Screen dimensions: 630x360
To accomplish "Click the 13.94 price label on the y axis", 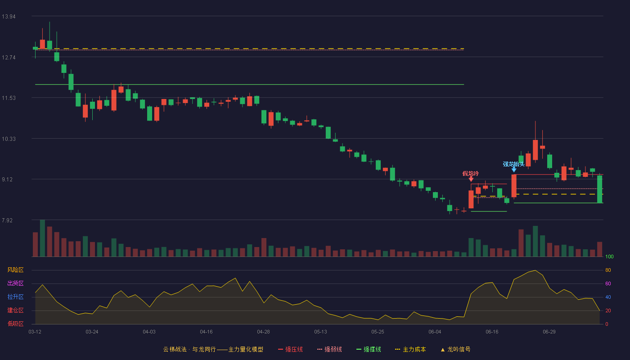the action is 9,17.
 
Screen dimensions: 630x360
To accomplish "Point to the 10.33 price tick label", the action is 9,139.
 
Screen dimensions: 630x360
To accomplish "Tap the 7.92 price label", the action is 7,220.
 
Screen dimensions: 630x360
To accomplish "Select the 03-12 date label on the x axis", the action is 35,332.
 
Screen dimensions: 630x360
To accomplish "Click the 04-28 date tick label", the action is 263,332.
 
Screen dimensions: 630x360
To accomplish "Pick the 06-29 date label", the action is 549,332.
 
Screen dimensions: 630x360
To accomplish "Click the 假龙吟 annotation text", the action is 471,174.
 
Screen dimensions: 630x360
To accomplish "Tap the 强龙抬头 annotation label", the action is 513,164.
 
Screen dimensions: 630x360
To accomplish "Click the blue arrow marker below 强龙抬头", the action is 514,170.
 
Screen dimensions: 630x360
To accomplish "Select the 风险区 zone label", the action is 15,270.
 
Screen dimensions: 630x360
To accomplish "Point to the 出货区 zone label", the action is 15,283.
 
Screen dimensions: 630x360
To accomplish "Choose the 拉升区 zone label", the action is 15,297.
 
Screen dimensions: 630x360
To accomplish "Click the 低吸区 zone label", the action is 15,324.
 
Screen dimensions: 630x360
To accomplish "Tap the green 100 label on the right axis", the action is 609,256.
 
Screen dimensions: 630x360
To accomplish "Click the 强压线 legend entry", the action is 290,349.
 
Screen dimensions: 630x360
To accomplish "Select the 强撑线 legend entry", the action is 369,349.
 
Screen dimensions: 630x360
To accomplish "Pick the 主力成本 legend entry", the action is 410,349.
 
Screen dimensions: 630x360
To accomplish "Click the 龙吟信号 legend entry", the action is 455,349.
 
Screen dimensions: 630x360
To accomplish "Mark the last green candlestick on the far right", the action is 599,189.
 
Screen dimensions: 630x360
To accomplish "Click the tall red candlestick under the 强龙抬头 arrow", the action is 514,185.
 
